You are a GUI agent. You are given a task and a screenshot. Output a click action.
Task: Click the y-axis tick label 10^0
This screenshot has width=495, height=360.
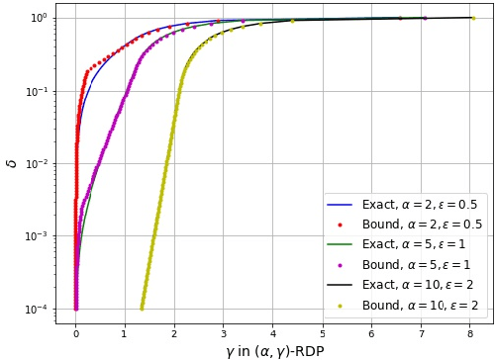(38, 18)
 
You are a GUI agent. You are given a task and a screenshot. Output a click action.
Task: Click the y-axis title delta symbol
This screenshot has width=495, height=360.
(12, 163)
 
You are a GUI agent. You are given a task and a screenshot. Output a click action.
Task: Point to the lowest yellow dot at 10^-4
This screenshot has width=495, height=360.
(142, 309)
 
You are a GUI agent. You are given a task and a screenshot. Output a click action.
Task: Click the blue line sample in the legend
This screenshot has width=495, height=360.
(342, 205)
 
